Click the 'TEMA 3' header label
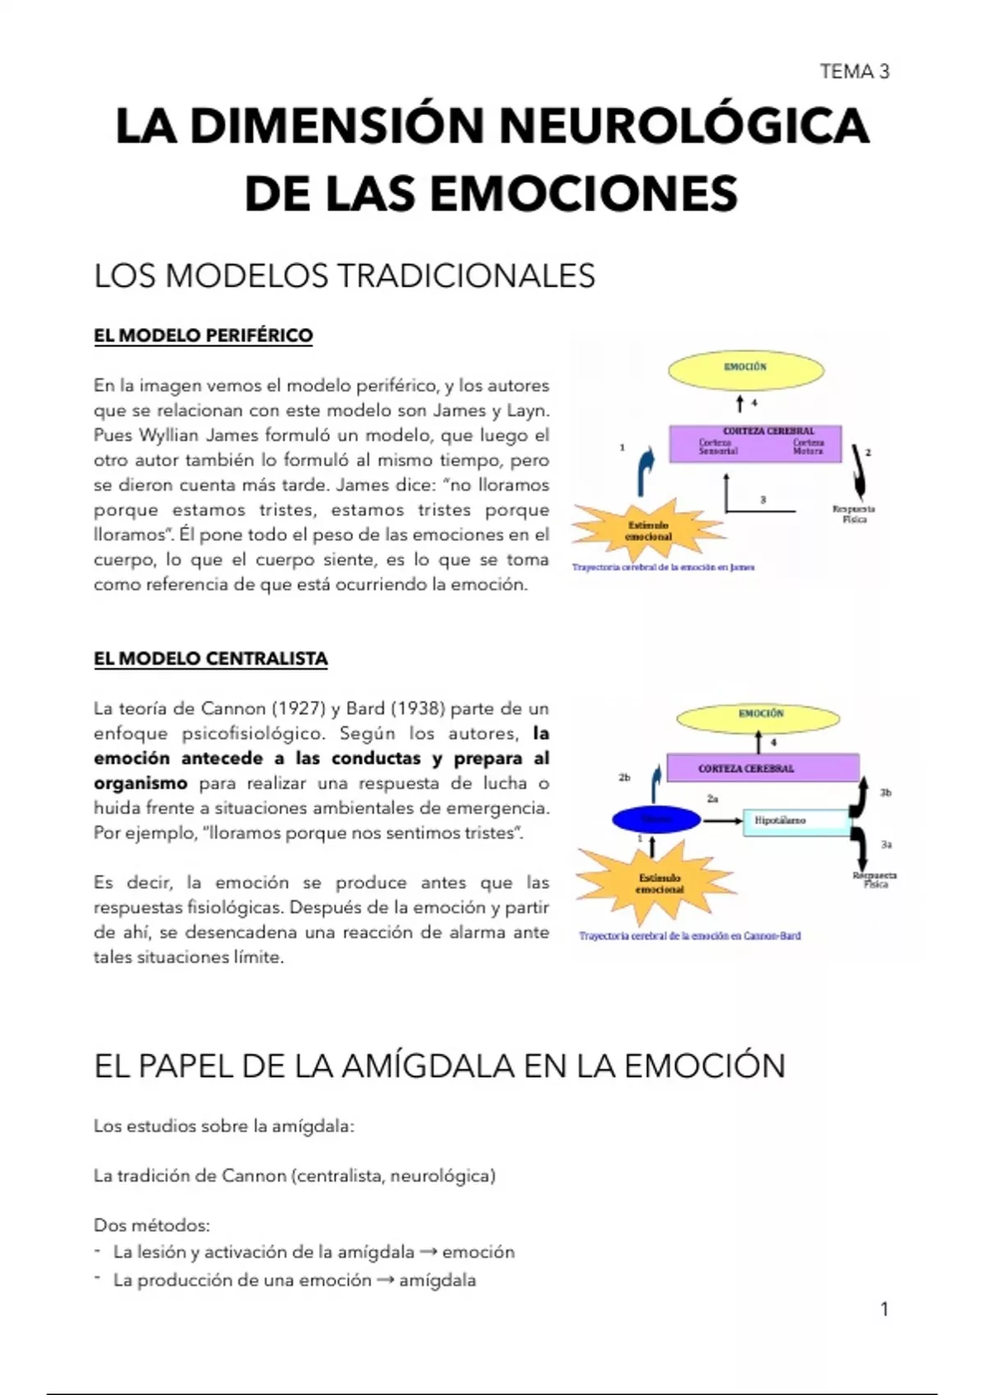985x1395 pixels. coord(854,72)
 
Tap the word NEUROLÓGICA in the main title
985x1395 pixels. coord(683,126)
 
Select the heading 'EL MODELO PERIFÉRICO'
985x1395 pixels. coord(203,336)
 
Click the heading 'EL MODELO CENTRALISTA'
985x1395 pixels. coord(210,659)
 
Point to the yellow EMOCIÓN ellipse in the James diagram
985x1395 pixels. coord(745,369)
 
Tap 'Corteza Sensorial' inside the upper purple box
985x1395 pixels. coord(717,446)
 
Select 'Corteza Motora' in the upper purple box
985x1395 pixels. coord(808,446)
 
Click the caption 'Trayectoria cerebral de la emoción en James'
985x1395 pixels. coord(663,567)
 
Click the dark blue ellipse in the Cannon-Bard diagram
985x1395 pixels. coord(657,819)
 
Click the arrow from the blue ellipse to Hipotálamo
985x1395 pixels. coord(722,820)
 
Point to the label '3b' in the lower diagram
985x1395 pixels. coord(886,793)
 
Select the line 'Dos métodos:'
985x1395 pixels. coord(152,1226)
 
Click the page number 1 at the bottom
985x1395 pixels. coord(884,1310)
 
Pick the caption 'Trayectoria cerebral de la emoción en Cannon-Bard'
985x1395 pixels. coord(689,935)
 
